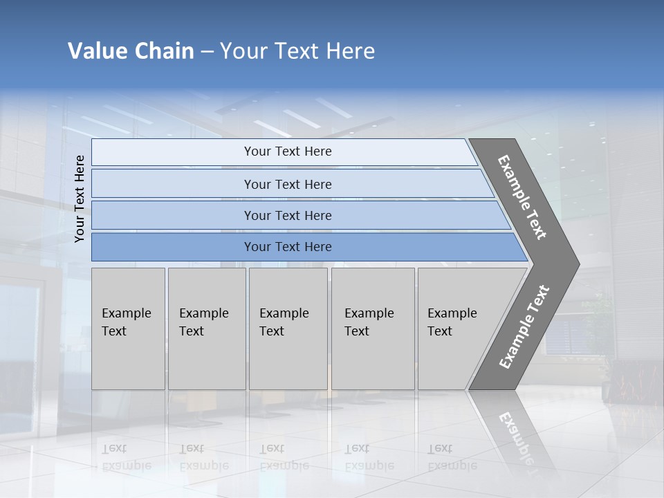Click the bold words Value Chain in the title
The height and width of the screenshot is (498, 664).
point(131,51)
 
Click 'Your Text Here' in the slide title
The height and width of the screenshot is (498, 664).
point(297,51)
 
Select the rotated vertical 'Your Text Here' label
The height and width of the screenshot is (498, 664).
point(80,199)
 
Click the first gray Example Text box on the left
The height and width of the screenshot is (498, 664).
point(128,329)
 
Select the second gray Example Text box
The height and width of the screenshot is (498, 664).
point(207,329)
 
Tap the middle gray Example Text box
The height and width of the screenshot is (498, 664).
point(288,329)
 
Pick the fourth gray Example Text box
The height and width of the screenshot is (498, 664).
point(373,329)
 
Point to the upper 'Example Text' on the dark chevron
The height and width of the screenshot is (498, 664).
point(522,197)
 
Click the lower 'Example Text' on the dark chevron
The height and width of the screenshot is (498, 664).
point(524,326)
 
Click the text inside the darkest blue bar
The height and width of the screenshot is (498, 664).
point(288,247)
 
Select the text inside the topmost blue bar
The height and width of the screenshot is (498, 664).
point(288,151)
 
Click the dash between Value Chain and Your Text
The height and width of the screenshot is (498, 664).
point(207,51)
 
